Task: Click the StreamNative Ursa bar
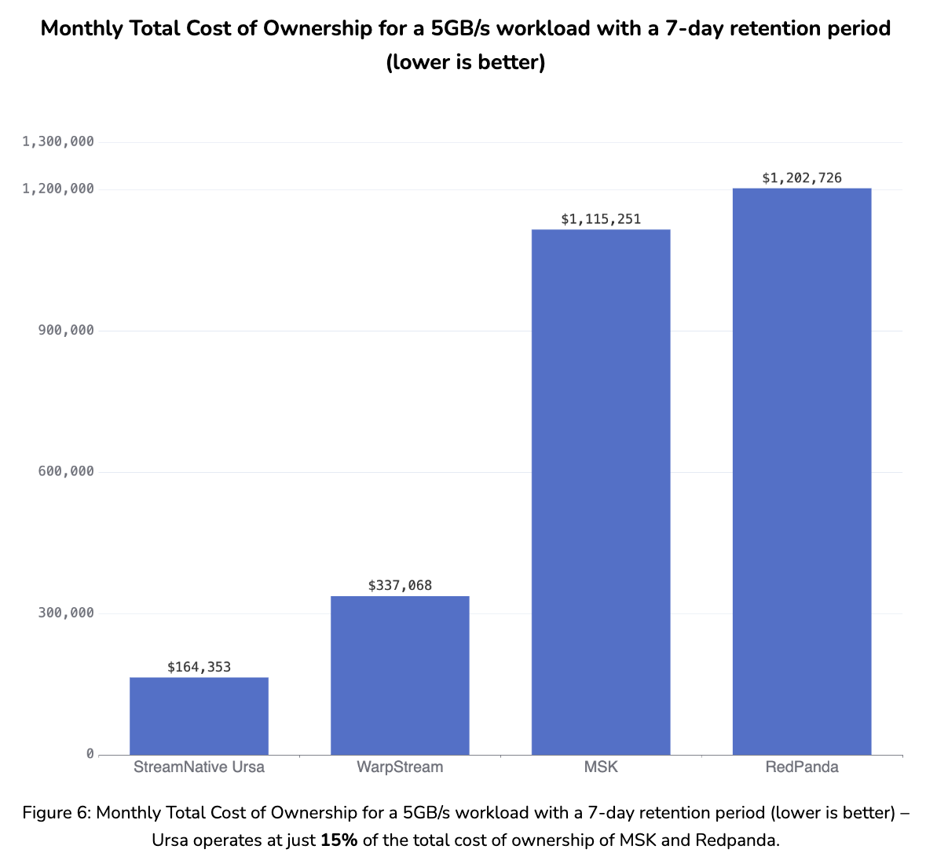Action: pyautogui.click(x=199, y=716)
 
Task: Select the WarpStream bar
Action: pyautogui.click(x=400, y=675)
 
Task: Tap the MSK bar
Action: pyautogui.click(x=601, y=492)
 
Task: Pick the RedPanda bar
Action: pyautogui.click(x=802, y=471)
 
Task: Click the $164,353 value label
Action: pyautogui.click(x=199, y=667)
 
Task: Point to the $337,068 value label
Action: pyautogui.click(x=400, y=585)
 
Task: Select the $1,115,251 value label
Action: pyautogui.click(x=601, y=219)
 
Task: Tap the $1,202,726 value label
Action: pyautogui.click(x=802, y=178)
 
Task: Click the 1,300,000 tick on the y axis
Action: pyautogui.click(x=58, y=141)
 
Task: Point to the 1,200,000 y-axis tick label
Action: pyautogui.click(x=58, y=189)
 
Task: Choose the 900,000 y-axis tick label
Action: pyautogui.click(x=66, y=330)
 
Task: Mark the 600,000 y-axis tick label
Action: pyautogui.click(x=66, y=471)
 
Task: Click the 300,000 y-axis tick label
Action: pyautogui.click(x=66, y=613)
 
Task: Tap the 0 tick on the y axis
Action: pyautogui.click(x=90, y=754)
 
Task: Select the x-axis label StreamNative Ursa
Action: pyautogui.click(x=199, y=767)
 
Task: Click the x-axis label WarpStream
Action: pyautogui.click(x=400, y=767)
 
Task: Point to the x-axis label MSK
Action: pyautogui.click(x=601, y=767)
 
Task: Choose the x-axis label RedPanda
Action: pyautogui.click(x=802, y=767)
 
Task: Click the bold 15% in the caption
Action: pyautogui.click(x=339, y=840)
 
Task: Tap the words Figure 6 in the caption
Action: pyautogui.click(x=56, y=813)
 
